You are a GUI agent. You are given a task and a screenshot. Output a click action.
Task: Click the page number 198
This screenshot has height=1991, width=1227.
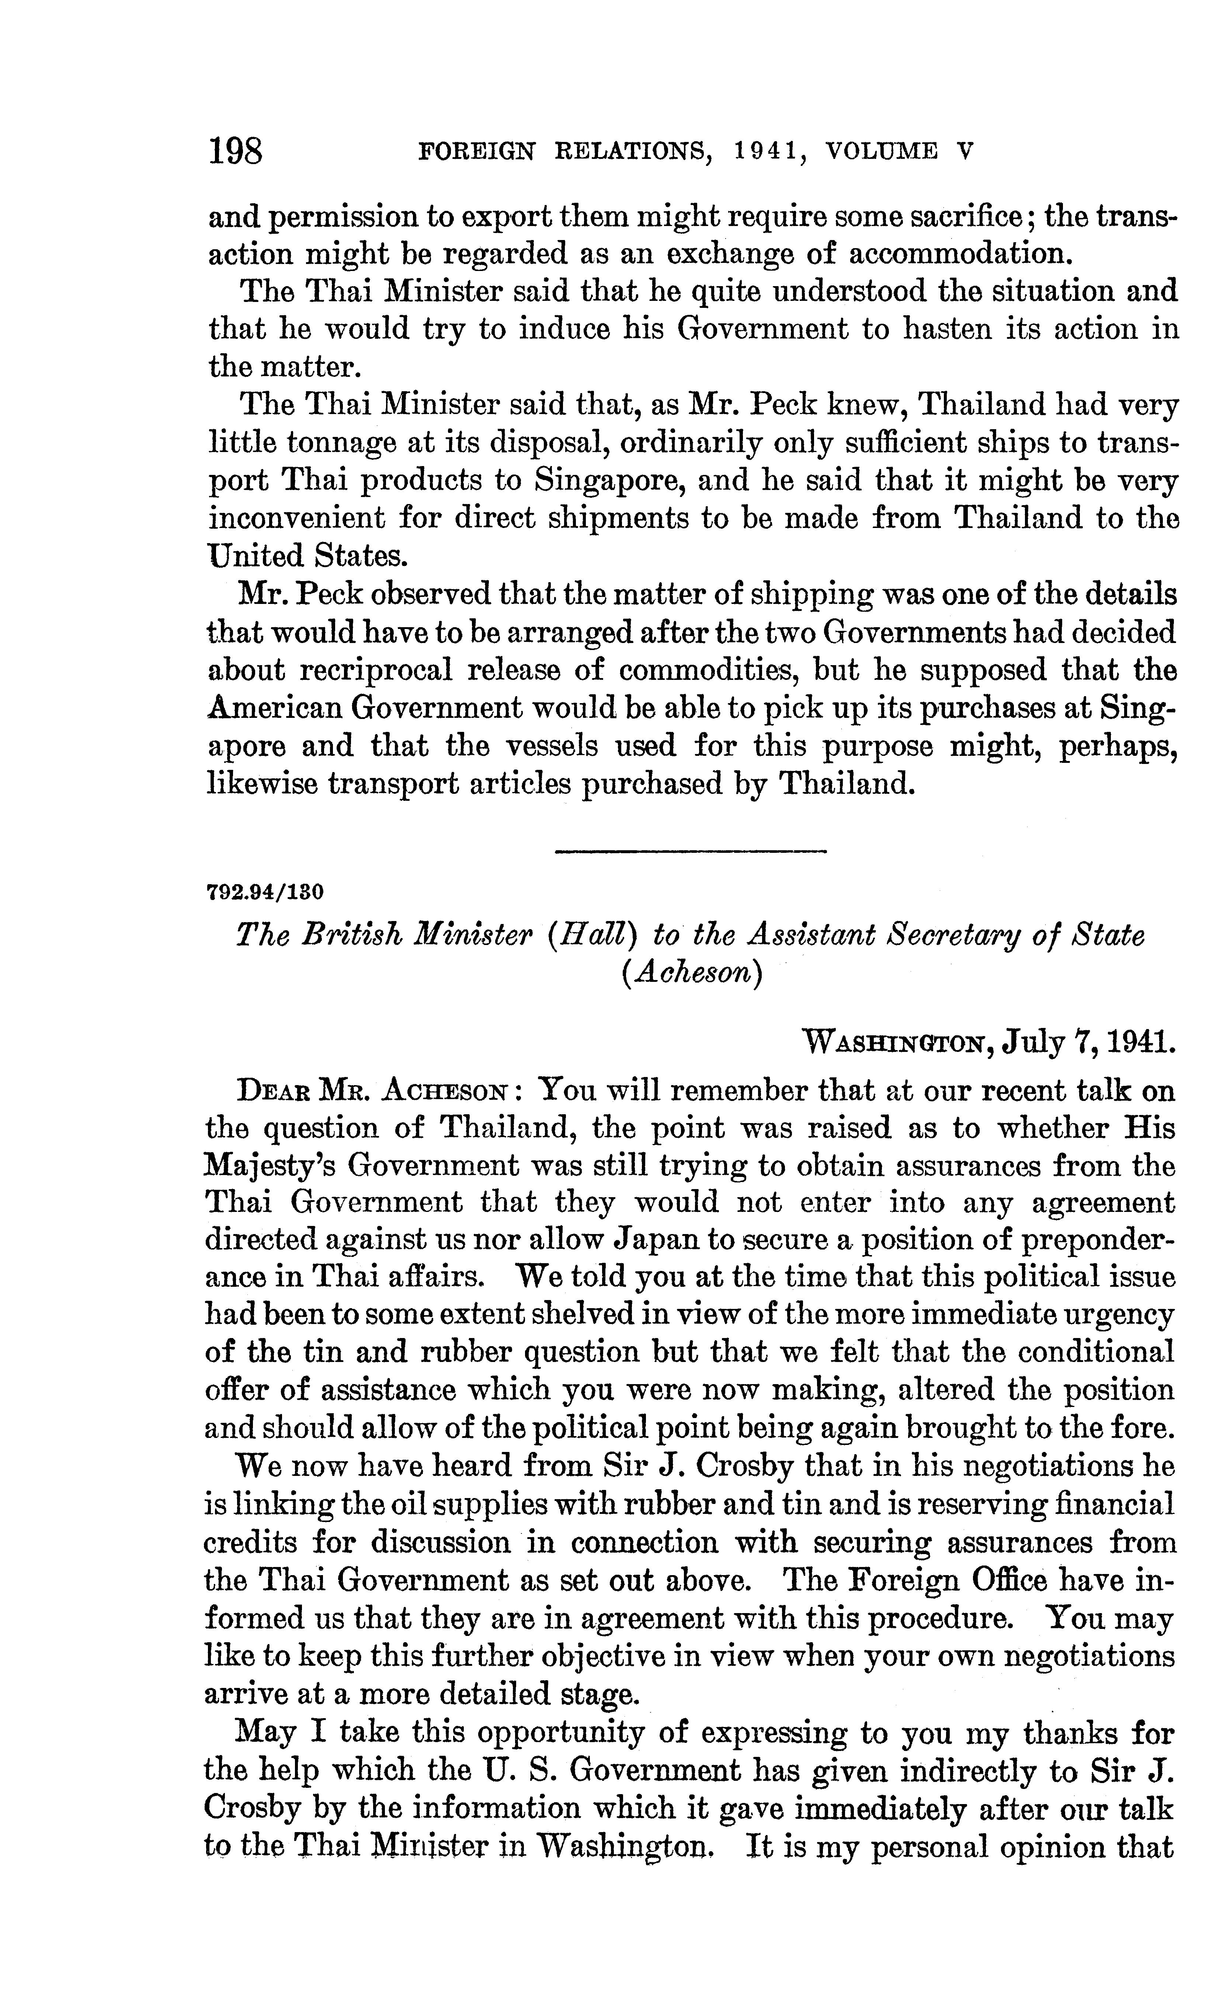pyautogui.click(x=236, y=152)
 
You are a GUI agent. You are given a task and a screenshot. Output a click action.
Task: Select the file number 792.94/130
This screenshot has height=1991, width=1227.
pyautogui.click(x=266, y=893)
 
